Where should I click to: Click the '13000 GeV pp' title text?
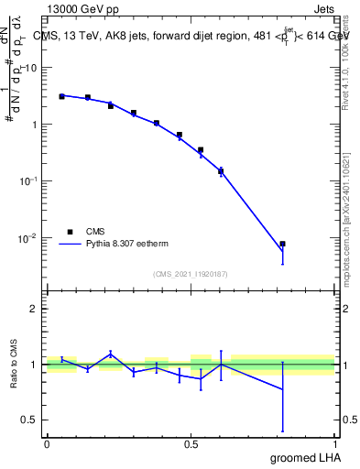[x=82, y=10]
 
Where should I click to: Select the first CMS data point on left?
[x=61, y=95]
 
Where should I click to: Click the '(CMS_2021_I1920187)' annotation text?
[x=191, y=273]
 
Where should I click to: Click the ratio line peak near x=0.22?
[x=111, y=354]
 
